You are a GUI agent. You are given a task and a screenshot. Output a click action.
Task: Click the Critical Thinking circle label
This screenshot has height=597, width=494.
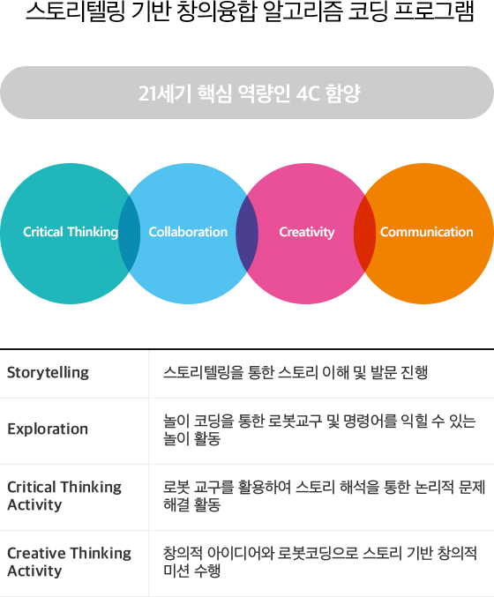click(71, 232)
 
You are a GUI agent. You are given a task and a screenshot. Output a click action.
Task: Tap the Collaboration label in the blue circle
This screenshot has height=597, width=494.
click(188, 232)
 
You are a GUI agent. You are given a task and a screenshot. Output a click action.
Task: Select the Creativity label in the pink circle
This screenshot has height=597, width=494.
click(307, 232)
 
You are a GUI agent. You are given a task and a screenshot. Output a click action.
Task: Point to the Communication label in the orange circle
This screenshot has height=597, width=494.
click(427, 232)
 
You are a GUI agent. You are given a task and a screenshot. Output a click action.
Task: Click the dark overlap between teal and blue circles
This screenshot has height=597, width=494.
click(129, 234)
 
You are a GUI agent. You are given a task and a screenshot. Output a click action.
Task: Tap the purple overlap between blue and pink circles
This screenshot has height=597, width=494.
click(247, 234)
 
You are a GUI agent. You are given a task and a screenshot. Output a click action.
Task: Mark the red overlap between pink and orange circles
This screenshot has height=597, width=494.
click(364, 234)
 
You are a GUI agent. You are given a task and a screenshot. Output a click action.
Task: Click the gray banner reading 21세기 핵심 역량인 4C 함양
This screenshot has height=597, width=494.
click(247, 93)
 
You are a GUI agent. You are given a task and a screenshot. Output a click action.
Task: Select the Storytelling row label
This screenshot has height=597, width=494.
click(48, 372)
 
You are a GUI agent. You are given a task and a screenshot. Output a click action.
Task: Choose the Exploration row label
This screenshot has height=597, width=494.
click(48, 429)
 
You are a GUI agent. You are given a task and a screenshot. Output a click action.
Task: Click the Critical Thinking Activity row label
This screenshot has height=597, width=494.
click(64, 496)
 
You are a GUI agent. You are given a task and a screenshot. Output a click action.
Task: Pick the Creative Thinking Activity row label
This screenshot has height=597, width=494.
click(70, 562)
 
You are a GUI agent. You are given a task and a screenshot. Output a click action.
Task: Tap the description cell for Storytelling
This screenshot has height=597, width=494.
click(296, 372)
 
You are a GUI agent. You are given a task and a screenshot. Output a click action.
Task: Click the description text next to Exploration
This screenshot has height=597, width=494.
click(319, 429)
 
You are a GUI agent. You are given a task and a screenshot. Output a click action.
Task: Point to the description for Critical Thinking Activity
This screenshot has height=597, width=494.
click(324, 496)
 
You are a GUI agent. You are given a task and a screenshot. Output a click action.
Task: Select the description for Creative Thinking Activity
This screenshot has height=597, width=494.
click(320, 562)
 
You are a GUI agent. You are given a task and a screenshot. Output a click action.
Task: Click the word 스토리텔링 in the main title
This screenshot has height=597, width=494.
click(75, 11)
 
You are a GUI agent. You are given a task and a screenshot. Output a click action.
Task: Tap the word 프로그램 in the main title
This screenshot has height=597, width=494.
click(434, 11)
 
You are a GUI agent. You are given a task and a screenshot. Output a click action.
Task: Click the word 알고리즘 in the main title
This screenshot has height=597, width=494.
click(302, 11)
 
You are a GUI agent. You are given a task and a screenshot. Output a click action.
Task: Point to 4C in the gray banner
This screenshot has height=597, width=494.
click(307, 93)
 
